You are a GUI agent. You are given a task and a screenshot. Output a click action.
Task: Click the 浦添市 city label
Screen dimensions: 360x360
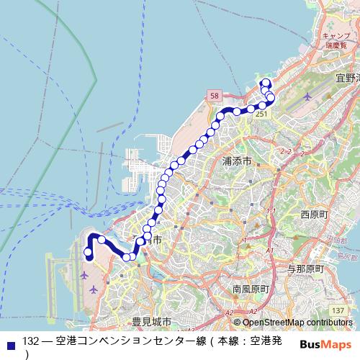coord(237,162)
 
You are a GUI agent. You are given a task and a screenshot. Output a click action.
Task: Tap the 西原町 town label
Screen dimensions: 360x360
coord(314,215)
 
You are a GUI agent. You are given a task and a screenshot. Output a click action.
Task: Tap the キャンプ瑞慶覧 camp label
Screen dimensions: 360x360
coord(336,40)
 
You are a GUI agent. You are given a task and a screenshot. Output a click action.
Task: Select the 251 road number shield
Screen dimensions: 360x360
coord(262,114)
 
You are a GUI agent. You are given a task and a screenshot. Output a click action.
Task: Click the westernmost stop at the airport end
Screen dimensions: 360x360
coord(88,251)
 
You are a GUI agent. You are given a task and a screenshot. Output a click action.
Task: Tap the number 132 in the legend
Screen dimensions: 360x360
coord(30,340)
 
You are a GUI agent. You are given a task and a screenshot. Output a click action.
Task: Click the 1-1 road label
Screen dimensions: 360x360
coord(271,210)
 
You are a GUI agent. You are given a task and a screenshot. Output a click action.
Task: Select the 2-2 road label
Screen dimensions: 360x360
coord(286,152)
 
